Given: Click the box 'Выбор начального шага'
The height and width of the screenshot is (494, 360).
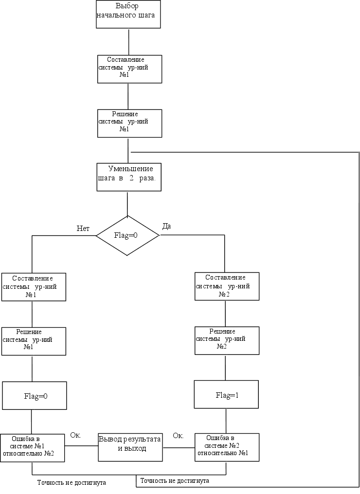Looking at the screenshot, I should tap(128, 14).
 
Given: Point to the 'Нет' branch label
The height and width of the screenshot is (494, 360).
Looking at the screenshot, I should tap(83, 229).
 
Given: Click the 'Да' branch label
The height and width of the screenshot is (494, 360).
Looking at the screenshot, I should tap(166, 226).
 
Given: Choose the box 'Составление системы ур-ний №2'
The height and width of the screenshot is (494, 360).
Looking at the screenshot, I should tap(227, 286).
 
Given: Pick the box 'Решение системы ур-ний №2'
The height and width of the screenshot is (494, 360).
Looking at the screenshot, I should tap(227, 340).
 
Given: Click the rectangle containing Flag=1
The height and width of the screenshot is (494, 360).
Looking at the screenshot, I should tap(226, 394).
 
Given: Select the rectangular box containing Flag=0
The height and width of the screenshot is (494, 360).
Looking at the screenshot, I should tap(34, 395).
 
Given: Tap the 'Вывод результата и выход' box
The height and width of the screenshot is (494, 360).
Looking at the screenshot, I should tap(129, 447).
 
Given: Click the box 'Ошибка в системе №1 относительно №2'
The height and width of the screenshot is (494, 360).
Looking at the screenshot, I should tap(33, 447).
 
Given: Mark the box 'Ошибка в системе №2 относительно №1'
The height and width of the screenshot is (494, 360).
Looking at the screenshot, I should tap(227, 447).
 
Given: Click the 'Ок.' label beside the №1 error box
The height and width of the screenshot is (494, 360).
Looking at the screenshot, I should tap(75, 435).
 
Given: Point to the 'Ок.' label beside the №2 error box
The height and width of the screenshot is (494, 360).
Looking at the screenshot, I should tap(178, 436).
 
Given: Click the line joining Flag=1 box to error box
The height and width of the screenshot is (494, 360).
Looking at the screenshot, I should tap(226, 421).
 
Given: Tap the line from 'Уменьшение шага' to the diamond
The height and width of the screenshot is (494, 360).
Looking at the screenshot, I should tap(127, 203).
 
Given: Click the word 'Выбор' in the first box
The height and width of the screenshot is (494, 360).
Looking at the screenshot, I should tap(127, 6).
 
